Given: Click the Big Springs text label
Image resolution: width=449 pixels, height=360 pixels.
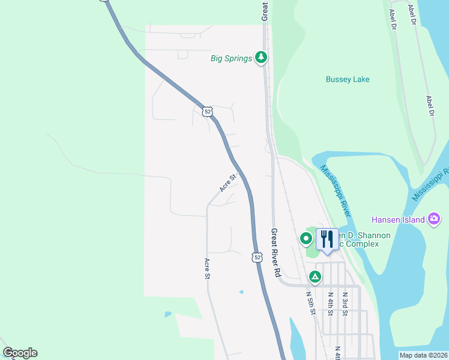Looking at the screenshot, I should pos(231,58).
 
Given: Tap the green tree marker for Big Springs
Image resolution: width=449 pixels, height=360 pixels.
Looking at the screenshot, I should pos(261,58).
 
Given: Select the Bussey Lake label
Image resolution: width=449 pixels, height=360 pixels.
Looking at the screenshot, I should pos(348,79).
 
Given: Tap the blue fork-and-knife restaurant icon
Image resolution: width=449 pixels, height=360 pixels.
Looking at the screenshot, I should pos(327,239).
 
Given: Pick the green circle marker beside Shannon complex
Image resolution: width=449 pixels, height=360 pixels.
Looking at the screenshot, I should pos(306,239).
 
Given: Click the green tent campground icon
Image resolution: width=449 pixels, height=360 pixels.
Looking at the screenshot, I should pos(315,277).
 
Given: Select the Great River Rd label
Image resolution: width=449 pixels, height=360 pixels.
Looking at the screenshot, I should pos(277,252).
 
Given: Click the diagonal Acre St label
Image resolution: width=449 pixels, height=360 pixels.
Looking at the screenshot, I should pos(229,182).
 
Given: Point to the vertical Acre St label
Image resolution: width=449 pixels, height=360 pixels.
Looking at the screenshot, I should pos(207,269).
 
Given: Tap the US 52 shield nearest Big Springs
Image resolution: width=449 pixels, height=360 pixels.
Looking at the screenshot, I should pos(207,111).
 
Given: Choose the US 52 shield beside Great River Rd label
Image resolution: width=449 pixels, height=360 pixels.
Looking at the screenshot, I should pos(257,257).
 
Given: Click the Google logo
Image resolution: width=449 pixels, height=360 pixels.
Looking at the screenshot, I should pos(20,353).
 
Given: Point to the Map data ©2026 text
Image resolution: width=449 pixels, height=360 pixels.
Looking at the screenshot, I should pos(423,355).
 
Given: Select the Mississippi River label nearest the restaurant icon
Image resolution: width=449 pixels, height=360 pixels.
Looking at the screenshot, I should pos(336,191).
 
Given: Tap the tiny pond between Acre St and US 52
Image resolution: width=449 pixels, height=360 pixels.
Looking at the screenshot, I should pos(241,292).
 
